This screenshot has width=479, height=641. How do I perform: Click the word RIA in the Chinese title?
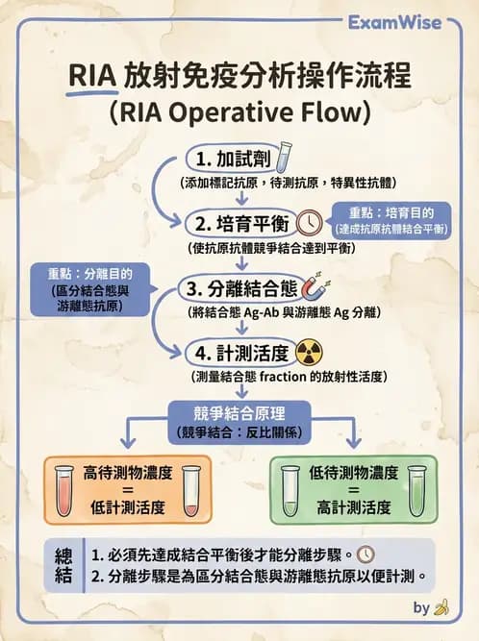[92, 77]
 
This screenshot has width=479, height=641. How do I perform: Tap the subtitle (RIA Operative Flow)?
[239, 113]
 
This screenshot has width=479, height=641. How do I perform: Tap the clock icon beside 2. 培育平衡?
[310, 222]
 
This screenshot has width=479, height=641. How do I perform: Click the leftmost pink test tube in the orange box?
[66, 490]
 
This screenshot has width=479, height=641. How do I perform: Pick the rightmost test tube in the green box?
[416, 490]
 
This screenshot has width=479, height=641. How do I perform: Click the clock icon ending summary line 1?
[366, 555]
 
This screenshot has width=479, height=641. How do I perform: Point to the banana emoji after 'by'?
[441, 607]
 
